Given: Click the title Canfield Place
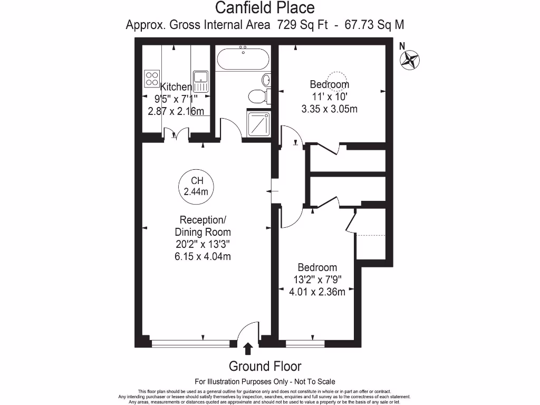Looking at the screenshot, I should click(x=265, y=8).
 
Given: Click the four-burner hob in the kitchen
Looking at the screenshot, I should click(x=152, y=79).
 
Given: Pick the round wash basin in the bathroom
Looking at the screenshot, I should click(x=266, y=80).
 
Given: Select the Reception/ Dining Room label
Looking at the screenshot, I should click(x=205, y=226).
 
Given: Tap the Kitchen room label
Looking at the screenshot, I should click(x=176, y=87).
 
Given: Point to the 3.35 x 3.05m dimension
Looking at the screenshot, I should click(x=330, y=109).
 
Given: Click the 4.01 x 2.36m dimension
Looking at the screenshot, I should click(x=317, y=292).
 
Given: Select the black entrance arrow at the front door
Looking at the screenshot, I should click(x=247, y=348).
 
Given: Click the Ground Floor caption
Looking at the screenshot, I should click(x=265, y=366).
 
